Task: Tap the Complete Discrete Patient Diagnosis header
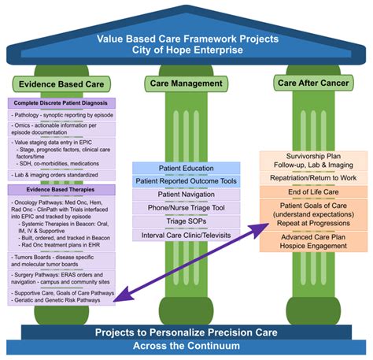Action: click(x=61, y=103)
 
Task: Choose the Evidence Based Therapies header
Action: click(x=50, y=190)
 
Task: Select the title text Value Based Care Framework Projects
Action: click(x=186, y=38)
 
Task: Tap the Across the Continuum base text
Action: click(x=186, y=345)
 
